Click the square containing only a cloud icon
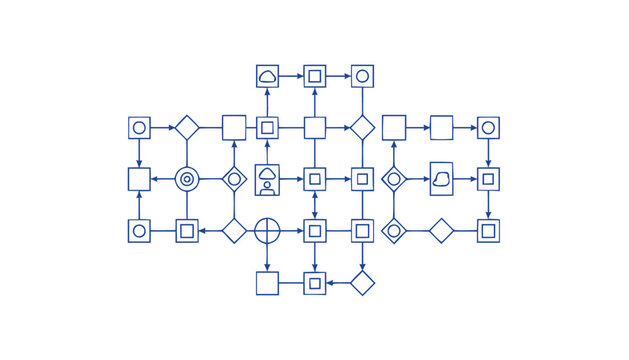[x=267, y=76]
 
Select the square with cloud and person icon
[x=267, y=179]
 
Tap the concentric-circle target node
[x=186, y=179]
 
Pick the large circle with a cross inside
[x=267, y=231]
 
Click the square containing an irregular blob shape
[x=442, y=179]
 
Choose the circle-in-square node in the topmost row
[x=362, y=76]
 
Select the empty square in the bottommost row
[x=267, y=283]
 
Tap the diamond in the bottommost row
[x=362, y=283]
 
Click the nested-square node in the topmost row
[x=315, y=76]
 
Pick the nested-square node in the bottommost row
[x=315, y=283]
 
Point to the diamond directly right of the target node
[x=234, y=179]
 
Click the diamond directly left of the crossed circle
[x=234, y=231]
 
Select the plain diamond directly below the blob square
[x=442, y=231]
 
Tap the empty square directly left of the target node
[x=139, y=179]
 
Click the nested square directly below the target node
[x=186, y=231]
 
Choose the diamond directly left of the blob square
[x=394, y=179]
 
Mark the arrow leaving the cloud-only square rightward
[x=291, y=76]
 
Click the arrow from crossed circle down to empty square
[x=267, y=257]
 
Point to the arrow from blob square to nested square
[x=465, y=179]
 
